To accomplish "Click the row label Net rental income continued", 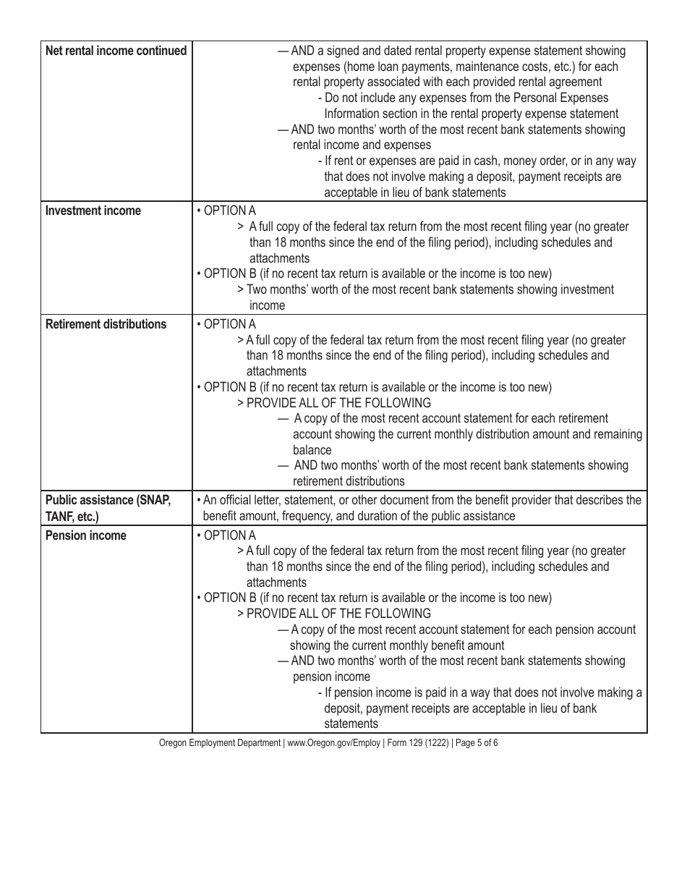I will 116,51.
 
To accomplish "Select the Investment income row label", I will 93,211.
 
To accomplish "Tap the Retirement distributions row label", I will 106,324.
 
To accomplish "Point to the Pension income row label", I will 85,535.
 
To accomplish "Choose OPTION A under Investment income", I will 229,211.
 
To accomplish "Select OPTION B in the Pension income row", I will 229,598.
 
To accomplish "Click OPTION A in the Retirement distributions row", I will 229,324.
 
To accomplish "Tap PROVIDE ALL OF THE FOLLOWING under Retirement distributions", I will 338,403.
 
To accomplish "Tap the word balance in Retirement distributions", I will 312,450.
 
